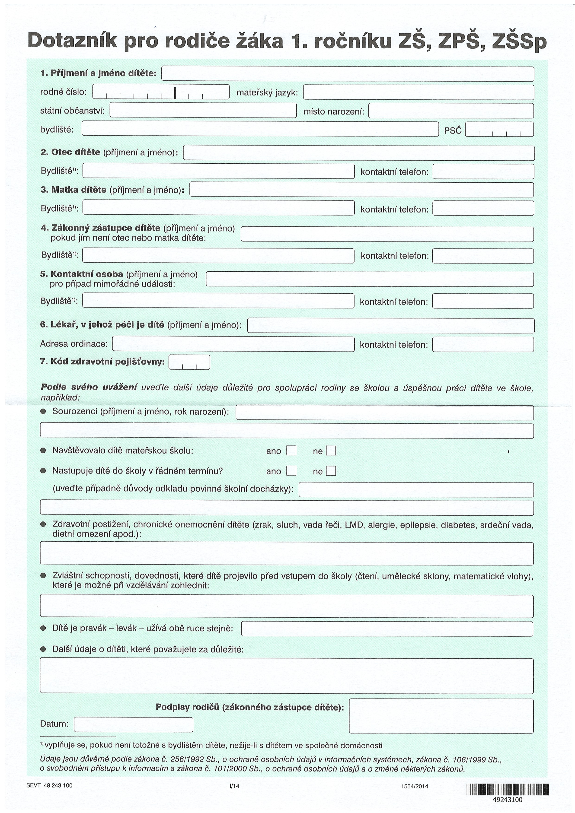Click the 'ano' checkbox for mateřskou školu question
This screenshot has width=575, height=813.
pyautogui.click(x=291, y=450)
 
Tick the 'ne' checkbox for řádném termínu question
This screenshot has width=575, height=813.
pyautogui.click(x=331, y=471)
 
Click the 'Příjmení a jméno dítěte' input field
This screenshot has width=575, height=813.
pyautogui.click(x=348, y=74)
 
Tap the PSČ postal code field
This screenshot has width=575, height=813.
pyautogui.click(x=499, y=129)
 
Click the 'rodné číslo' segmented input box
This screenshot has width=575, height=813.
pyautogui.click(x=161, y=92)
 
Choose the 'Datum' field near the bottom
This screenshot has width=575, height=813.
pyautogui.click(x=134, y=724)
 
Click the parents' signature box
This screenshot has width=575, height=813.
pyautogui.click(x=441, y=716)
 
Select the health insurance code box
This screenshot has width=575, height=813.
pyautogui.click(x=189, y=362)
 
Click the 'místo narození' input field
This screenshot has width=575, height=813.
pyautogui.click(x=451, y=111)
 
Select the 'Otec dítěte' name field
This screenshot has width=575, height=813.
pyautogui.click(x=358, y=153)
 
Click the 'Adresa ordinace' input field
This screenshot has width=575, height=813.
pyautogui.click(x=233, y=344)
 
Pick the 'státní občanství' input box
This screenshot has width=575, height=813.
pyautogui.click(x=203, y=110)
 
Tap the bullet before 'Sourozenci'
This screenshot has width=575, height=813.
pyautogui.click(x=43, y=411)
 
